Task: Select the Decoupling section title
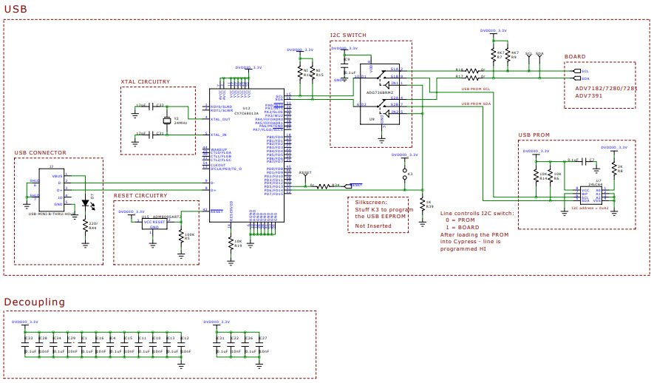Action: click(35, 302)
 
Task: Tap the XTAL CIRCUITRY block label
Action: click(145, 81)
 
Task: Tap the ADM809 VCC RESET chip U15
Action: click(154, 223)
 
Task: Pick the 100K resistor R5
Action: click(182, 236)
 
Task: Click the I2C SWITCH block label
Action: click(349, 35)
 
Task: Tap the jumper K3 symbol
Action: click(405, 174)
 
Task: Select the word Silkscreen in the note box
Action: click(370, 202)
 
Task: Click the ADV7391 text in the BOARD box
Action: click(589, 95)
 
